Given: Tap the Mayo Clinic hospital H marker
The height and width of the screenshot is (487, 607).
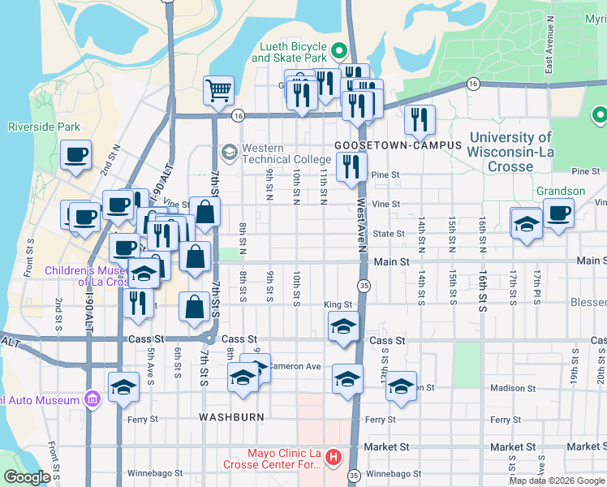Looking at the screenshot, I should pos(332,459).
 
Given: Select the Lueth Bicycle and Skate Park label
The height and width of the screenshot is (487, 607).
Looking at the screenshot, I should pos(289,53).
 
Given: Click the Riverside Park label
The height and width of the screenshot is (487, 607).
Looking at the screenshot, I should pos(44,127).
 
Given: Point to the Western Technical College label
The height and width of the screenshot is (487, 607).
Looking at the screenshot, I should pos(274,153).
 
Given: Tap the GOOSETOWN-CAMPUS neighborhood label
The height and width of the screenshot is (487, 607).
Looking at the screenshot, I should pos(398,145).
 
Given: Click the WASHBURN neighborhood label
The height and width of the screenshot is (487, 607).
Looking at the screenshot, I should pos(231,416).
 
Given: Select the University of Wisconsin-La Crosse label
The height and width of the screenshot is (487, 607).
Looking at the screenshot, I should pos(510,152).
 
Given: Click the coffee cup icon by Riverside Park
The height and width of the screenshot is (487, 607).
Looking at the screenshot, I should pos(76,154).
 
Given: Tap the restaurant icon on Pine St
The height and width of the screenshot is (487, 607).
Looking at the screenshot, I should pos(351,167).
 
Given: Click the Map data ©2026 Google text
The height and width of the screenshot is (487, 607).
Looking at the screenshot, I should pos(557,481).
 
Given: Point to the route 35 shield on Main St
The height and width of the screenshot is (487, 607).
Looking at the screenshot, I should pos(364,285).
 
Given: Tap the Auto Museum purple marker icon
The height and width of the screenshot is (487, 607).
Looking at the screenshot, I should pos(92,399).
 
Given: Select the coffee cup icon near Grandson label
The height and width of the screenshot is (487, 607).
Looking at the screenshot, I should pos(557,214).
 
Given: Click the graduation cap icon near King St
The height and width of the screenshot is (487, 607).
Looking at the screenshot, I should pos(343,327).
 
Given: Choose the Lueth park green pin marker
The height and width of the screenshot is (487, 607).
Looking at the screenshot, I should pos(340,52).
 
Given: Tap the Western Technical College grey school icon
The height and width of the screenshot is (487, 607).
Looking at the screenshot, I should pos(230,151).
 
